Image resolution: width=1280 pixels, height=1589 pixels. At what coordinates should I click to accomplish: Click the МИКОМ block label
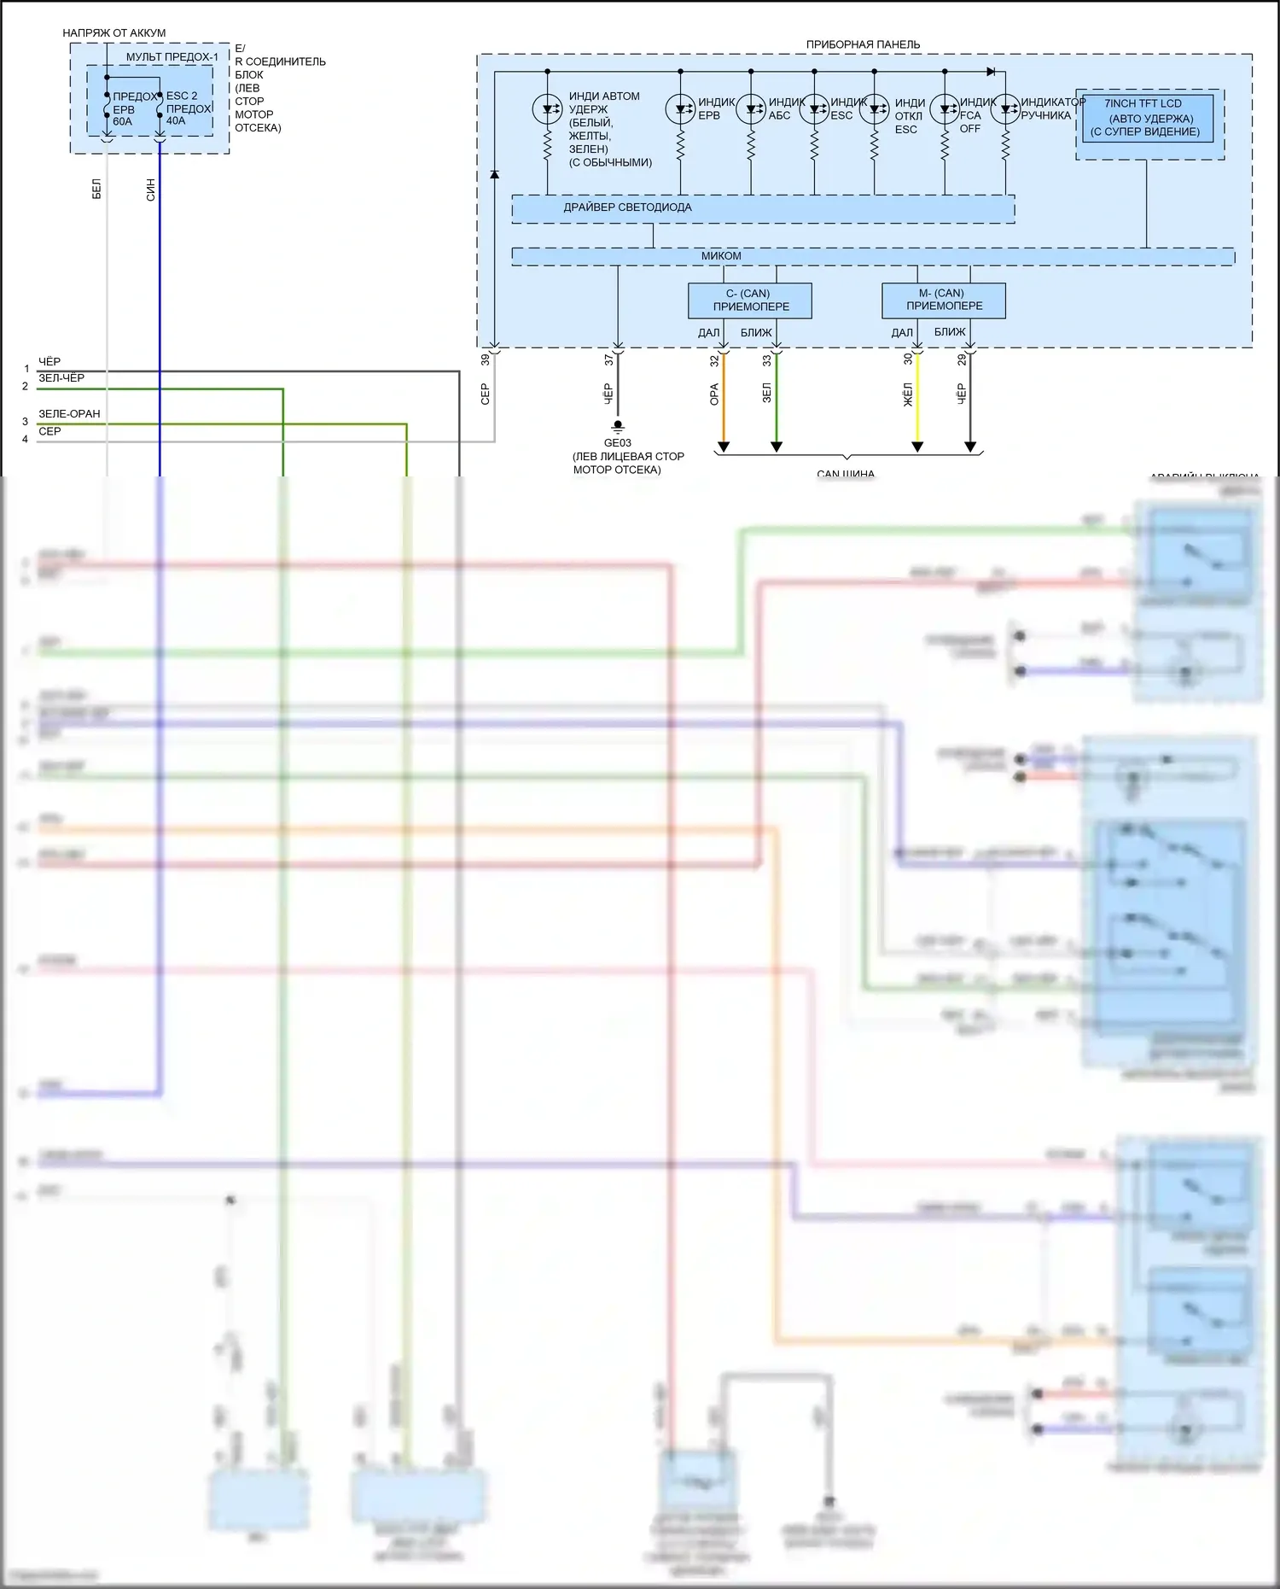pyautogui.click(x=721, y=256)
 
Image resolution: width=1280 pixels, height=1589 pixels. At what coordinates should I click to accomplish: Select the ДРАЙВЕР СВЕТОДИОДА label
pyautogui.click(x=627, y=207)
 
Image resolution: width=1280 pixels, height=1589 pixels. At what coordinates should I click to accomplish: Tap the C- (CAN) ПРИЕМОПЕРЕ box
pyautogui.click(x=750, y=301)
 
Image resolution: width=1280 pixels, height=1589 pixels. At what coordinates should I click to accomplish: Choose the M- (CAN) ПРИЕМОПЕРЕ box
pyautogui.click(x=944, y=300)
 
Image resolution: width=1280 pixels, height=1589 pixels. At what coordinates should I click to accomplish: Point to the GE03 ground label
pyautogui.click(x=617, y=443)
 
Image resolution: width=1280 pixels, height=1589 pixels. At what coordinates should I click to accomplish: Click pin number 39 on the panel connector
pyautogui.click(x=486, y=360)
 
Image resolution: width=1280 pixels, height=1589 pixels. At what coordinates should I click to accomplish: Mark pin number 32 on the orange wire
pyautogui.click(x=714, y=361)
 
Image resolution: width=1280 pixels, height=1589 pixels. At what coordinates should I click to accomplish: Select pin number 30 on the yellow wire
pyautogui.click(x=908, y=360)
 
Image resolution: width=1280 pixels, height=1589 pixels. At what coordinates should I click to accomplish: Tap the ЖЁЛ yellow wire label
pyautogui.click(x=908, y=394)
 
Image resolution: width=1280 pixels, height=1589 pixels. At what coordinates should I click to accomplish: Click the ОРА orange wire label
pyautogui.click(x=714, y=394)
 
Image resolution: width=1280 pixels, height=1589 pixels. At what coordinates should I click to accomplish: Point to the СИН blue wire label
pyautogui.click(x=151, y=190)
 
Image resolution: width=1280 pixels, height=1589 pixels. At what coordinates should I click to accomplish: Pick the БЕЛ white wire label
pyautogui.click(x=96, y=190)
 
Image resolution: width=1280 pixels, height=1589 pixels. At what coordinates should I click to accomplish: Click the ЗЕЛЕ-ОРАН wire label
pyautogui.click(x=69, y=414)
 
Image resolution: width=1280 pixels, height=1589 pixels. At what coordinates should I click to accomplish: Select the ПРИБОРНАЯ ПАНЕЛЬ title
pyautogui.click(x=863, y=44)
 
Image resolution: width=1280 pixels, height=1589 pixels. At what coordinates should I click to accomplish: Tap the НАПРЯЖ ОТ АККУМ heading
pyautogui.click(x=114, y=33)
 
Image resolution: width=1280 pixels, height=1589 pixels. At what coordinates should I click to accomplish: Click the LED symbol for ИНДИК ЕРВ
pyautogui.click(x=680, y=109)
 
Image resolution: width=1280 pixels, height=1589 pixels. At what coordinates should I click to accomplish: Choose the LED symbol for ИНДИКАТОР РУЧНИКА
pyautogui.click(x=1005, y=109)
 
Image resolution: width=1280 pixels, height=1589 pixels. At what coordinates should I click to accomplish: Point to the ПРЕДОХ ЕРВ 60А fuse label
pyautogui.click(x=125, y=109)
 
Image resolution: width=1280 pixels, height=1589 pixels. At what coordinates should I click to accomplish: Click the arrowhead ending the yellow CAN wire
pyautogui.click(x=917, y=447)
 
